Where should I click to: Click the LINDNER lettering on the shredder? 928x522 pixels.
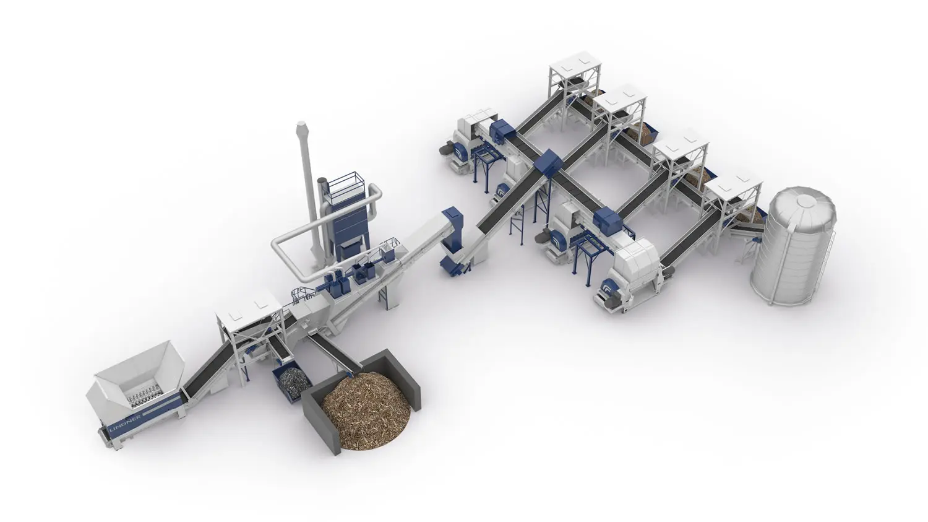[x=126, y=422]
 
